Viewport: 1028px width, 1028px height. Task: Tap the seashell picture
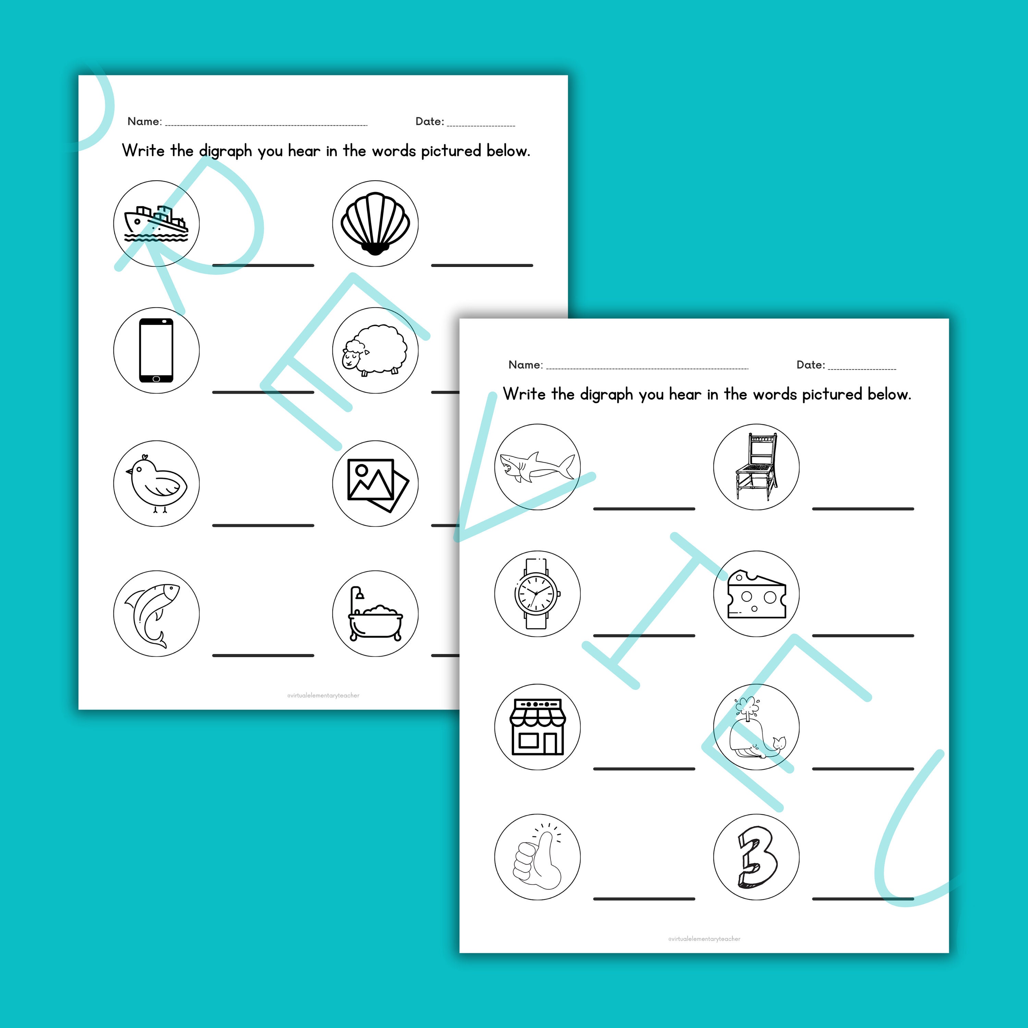point(375,223)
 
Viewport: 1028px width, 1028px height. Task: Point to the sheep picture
point(375,350)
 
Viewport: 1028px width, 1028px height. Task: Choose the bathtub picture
point(375,613)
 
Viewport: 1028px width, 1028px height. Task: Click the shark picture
point(537,467)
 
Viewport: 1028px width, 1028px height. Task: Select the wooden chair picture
point(756,467)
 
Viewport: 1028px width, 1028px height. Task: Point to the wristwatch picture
point(537,593)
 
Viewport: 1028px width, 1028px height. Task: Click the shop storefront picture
point(537,726)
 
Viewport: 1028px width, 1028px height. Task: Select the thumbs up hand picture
point(537,858)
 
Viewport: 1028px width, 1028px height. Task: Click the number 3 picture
point(756,858)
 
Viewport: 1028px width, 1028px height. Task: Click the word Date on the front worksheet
point(809,365)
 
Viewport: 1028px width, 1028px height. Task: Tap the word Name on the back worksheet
point(144,121)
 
